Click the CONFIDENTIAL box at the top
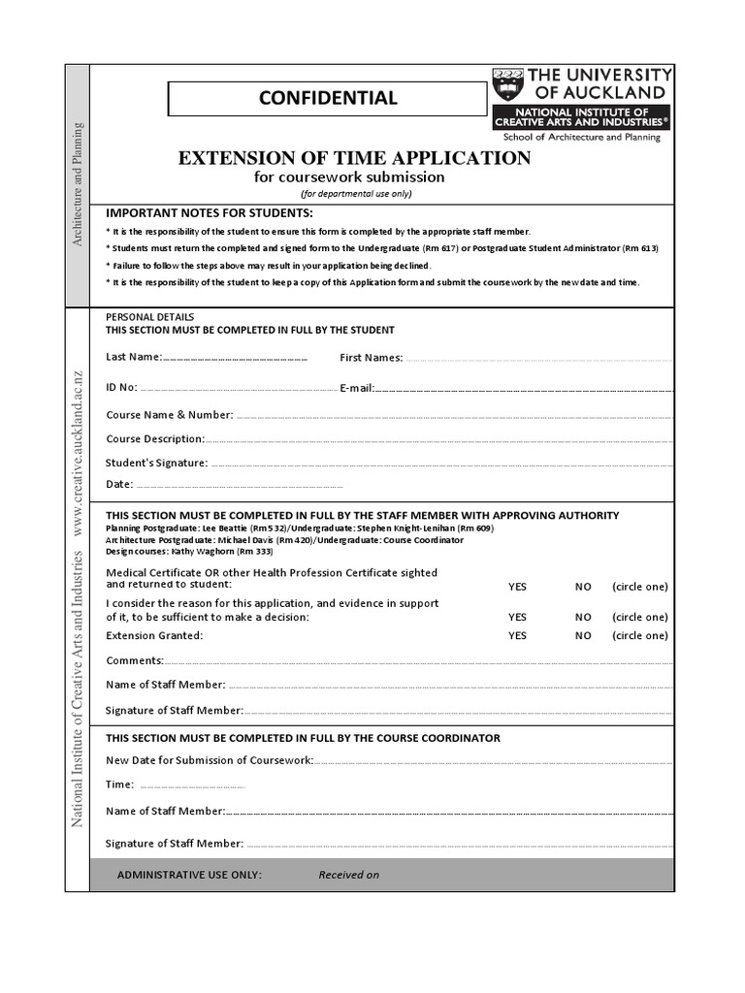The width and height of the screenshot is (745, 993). pos(326,98)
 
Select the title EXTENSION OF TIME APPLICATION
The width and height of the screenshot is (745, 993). pos(354,157)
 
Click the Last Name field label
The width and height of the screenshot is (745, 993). pos(134,357)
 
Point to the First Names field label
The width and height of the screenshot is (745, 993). pos(371,358)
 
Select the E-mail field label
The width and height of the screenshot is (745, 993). pos(357,388)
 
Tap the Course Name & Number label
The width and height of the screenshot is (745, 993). pos(169,415)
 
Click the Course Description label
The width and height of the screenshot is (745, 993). pos(154,439)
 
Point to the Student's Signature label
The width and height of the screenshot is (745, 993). pos(156,463)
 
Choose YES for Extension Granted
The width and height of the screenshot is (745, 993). pos(517,636)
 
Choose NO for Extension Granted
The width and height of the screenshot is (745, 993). pos(582,636)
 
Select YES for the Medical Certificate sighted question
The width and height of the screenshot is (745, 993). pos(517,587)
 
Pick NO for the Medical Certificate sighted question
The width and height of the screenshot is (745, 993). pos(582,587)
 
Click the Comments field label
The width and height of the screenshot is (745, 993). pos(134,660)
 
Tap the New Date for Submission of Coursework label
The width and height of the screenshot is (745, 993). pos(209,759)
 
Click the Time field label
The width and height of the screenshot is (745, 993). pos(119,785)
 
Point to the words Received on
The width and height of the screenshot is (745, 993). pos(348,875)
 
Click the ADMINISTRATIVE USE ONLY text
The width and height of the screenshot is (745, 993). pos(189,875)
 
